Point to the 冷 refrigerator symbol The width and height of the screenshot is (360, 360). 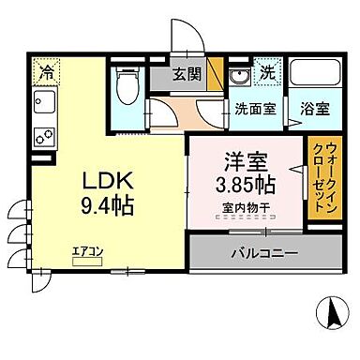coord(45,69)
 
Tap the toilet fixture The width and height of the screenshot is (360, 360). coord(126,87)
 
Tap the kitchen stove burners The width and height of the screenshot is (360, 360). coord(43,133)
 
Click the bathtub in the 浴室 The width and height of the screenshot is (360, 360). coord(311,74)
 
